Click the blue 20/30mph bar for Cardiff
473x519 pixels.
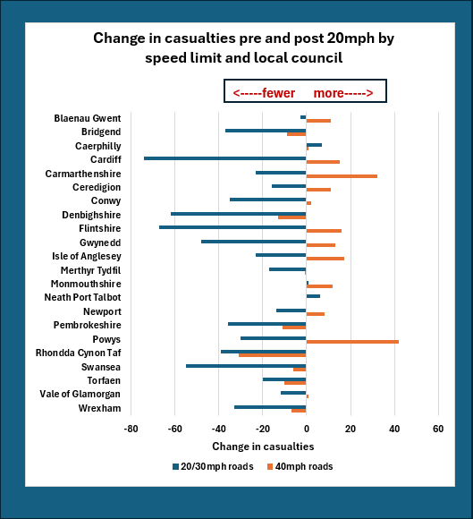click(x=225, y=158)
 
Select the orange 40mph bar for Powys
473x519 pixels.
click(x=352, y=342)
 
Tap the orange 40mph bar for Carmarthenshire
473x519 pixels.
click(x=342, y=176)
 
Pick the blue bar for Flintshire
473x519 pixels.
click(x=232, y=227)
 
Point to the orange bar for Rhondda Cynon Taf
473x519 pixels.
click(x=273, y=355)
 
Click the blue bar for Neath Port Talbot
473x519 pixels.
click(x=313, y=296)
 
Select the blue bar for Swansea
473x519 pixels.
click(x=246, y=366)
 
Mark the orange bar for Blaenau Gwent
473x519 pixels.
click(x=318, y=121)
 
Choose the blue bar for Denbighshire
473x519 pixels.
click(x=239, y=214)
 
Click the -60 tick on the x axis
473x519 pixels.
click(x=174, y=429)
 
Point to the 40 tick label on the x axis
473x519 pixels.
click(x=394, y=429)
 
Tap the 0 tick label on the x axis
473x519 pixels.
click(x=307, y=429)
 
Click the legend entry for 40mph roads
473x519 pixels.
click(x=300, y=467)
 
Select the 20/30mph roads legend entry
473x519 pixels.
click(x=213, y=467)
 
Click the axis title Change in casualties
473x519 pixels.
click(x=263, y=447)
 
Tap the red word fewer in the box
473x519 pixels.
click(x=278, y=93)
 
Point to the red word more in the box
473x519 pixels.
click(x=328, y=93)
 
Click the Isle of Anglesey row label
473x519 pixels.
click(x=87, y=256)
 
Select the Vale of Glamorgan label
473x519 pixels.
click(x=80, y=394)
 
